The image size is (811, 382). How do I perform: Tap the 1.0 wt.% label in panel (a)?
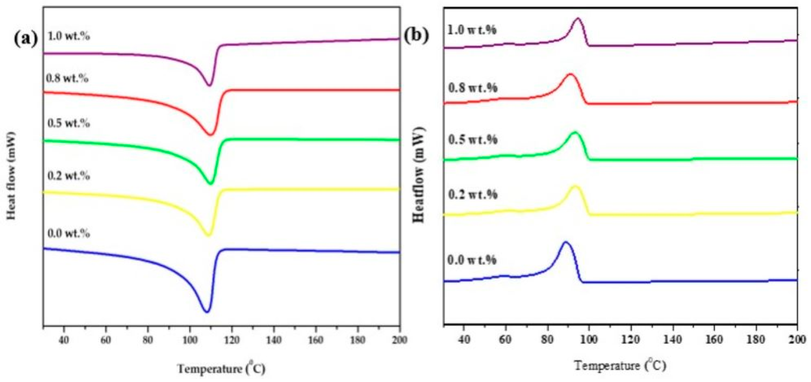(69, 36)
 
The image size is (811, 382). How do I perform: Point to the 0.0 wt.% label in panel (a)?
(69, 233)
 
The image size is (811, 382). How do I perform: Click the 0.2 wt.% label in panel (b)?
(473, 195)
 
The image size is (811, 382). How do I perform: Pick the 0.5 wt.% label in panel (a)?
(69, 123)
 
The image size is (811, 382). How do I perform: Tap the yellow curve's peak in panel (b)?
(575, 186)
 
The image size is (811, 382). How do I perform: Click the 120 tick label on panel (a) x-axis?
(232, 340)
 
